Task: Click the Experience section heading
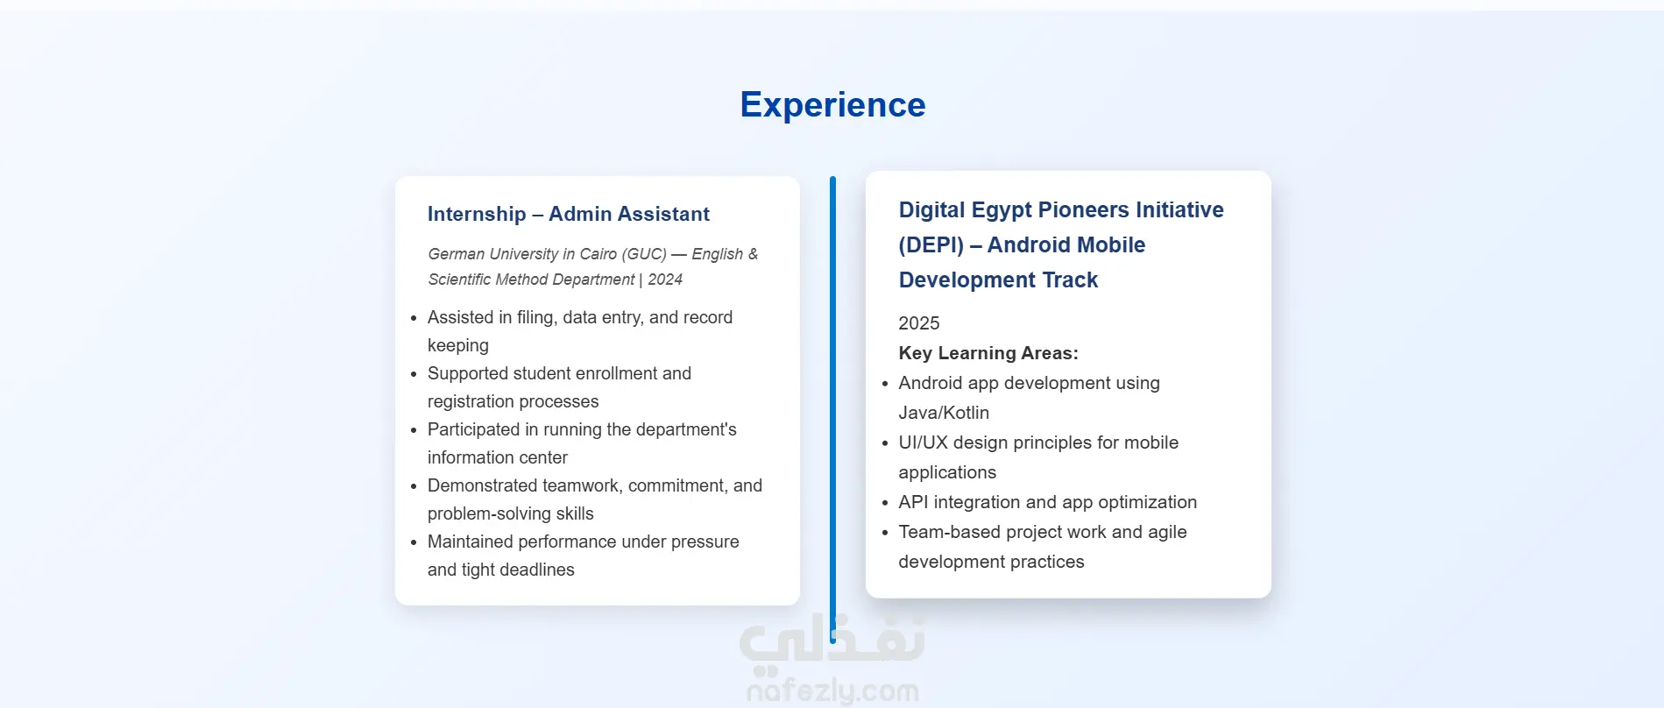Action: pyautogui.click(x=832, y=105)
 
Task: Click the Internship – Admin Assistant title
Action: pyautogui.click(x=568, y=214)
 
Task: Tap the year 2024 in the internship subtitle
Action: pyautogui.click(x=665, y=280)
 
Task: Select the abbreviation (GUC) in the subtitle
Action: pyautogui.click(x=644, y=254)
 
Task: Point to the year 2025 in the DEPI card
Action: pyautogui.click(x=918, y=323)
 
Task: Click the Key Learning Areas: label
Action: pyautogui.click(x=988, y=353)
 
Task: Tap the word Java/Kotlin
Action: pyautogui.click(x=944, y=413)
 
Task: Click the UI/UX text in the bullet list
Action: pyautogui.click(x=923, y=442)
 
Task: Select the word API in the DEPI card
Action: pyautogui.click(x=913, y=502)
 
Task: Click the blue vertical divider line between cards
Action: pyautogui.click(x=832, y=410)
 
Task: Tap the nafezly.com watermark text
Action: pyautogui.click(x=832, y=690)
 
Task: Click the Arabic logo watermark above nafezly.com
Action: pyautogui.click(x=832, y=639)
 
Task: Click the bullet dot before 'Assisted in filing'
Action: pyautogui.click(x=414, y=318)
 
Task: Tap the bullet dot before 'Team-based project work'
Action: pyautogui.click(x=885, y=533)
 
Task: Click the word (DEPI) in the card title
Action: pyautogui.click(x=931, y=245)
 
